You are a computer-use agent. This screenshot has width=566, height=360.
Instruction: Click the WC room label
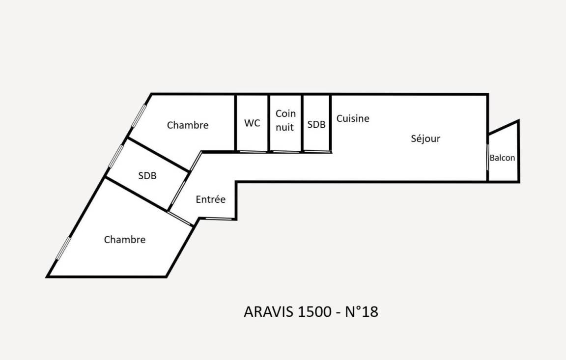252,123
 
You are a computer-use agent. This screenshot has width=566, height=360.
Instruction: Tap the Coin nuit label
285,120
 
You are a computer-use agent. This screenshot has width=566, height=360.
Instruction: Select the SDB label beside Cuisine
316,125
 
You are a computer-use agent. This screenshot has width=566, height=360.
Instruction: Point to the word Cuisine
353,118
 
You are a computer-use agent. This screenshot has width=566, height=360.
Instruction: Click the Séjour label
425,138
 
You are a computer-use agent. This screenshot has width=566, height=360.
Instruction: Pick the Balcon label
502,158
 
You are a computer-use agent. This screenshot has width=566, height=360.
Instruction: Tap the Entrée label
210,199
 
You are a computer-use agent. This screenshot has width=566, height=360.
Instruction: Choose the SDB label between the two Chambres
147,175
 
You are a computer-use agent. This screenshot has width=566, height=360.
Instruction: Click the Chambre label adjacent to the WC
188,125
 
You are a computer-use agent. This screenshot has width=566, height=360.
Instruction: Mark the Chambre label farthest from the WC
125,240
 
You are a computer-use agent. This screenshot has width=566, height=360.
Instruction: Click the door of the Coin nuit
286,152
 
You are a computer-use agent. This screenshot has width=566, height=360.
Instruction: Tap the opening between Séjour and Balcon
487,157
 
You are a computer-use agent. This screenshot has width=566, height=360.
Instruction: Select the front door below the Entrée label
218,219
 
